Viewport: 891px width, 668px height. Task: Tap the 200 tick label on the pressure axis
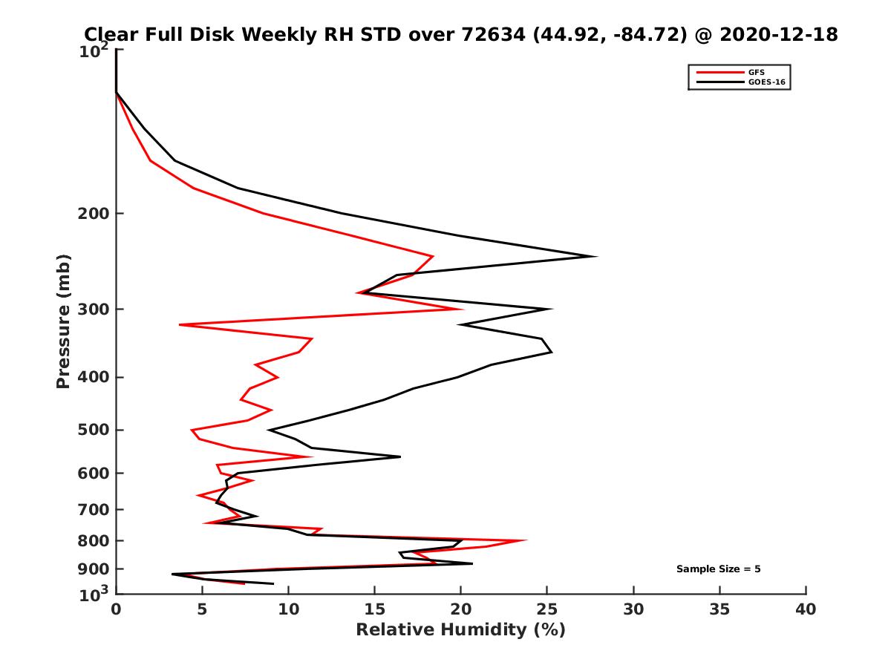click(91, 214)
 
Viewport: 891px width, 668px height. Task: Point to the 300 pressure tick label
click(91, 309)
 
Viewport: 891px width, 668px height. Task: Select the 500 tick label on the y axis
click(91, 430)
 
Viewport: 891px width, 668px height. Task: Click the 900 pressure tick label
click(91, 569)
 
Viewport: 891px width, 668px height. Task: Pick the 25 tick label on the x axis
click(547, 610)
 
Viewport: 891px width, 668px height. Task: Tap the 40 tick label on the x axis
click(806, 610)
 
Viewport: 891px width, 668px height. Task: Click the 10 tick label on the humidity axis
click(288, 610)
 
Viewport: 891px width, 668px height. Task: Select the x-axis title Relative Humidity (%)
click(460, 630)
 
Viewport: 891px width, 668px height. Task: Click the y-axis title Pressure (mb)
click(63, 321)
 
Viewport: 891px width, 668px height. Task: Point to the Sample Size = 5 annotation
click(718, 569)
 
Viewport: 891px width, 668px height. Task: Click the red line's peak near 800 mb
click(526, 540)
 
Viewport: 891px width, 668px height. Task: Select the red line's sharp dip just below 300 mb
click(180, 324)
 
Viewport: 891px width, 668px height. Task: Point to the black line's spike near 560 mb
click(400, 456)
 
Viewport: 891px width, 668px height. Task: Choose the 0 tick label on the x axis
click(116, 610)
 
